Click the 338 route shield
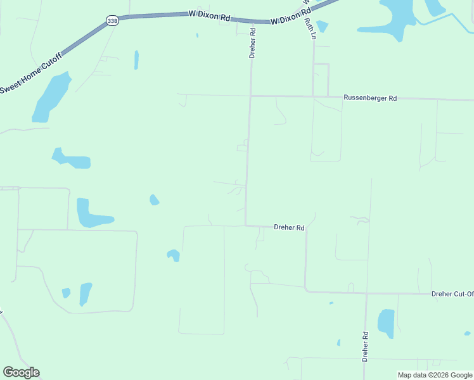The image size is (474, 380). click(112, 20)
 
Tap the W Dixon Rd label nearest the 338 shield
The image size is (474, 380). click(210, 15)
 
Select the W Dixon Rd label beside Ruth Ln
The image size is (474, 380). click(291, 16)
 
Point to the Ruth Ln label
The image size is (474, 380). click(309, 29)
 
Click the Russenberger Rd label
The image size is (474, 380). click(370, 98)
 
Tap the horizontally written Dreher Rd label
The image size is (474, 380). click(289, 227)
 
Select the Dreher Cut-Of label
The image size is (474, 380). click(452, 294)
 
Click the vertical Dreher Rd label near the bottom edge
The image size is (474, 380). click(365, 346)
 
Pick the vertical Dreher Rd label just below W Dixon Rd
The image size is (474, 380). click(252, 43)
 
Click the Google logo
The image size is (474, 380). click(21, 372)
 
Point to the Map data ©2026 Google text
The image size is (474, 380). click(435, 375)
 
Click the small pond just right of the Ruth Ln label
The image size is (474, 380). click(323, 26)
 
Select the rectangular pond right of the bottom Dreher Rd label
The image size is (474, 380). click(386, 323)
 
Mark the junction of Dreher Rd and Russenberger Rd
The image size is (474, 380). click(250, 96)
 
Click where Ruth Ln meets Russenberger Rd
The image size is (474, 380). click(314, 97)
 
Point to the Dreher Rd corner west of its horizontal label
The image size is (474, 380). click(246, 225)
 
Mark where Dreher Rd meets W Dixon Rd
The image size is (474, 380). click(253, 21)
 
